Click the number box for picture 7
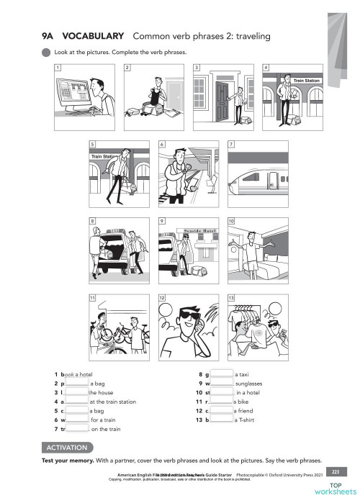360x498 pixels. pos(230,144)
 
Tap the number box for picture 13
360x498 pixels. pos(230,297)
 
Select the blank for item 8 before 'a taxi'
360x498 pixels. pos(222,375)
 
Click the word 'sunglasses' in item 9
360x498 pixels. pos(249,384)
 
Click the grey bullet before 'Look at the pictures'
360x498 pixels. pos(47,52)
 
